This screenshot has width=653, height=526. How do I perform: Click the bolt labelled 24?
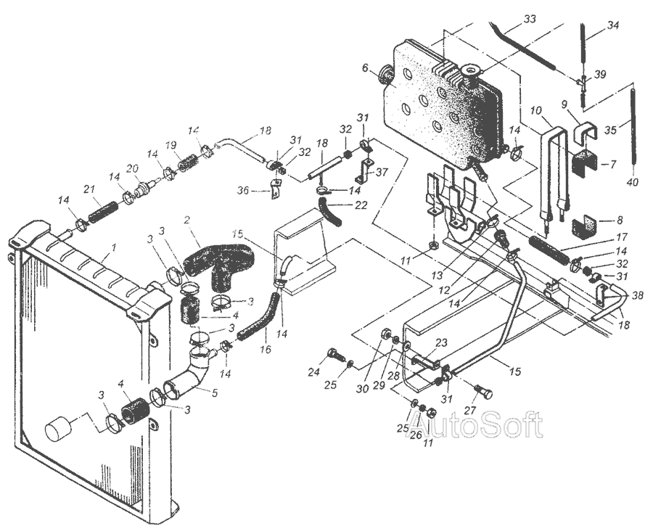tap(336, 356)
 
